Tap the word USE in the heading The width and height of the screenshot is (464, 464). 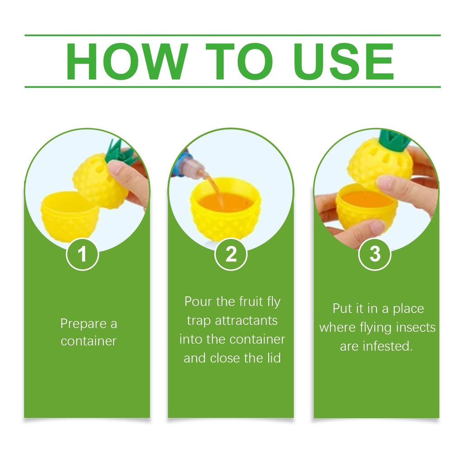click(344, 62)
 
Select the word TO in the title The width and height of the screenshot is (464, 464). click(239, 62)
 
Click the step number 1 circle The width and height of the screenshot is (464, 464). click(82, 254)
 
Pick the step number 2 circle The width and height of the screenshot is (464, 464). click(231, 254)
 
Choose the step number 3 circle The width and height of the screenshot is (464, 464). click(375, 254)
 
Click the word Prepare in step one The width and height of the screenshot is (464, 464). click(83, 324)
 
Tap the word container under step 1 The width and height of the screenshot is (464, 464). click(88, 341)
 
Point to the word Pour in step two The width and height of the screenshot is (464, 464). click(198, 301)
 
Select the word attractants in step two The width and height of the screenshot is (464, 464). click(246, 320)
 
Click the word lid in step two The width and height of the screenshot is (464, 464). click(273, 358)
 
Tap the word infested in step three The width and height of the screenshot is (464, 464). click(388, 346)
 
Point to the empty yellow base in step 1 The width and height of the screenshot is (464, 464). click(70, 217)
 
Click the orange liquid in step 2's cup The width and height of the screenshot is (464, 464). click(225, 202)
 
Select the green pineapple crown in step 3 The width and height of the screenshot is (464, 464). click(394, 139)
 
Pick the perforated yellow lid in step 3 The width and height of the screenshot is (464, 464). click(380, 164)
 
